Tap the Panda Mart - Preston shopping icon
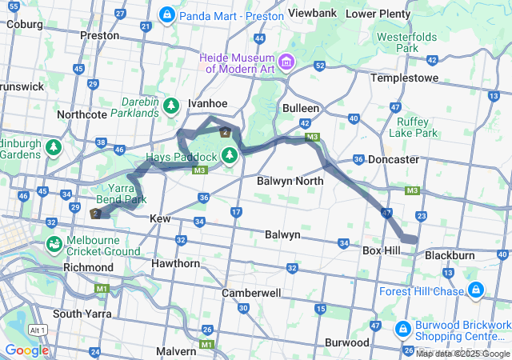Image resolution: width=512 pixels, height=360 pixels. tap(167, 15)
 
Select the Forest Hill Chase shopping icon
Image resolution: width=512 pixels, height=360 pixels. tap(476, 289)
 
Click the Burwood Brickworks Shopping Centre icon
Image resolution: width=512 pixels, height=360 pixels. tap(402, 328)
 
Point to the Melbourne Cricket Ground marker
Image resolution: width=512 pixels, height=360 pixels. tap(54, 243)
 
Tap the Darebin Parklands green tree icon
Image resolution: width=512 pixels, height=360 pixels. tap(170, 106)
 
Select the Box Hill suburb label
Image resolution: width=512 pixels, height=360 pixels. tap(381, 250)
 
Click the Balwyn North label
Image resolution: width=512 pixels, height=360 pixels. tap(290, 182)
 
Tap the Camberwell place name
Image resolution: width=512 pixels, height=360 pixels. tap(251, 294)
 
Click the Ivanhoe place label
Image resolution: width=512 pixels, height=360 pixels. tap(207, 104)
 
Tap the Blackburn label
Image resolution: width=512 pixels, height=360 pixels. tap(450, 255)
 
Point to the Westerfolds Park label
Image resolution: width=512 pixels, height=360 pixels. tap(407, 42)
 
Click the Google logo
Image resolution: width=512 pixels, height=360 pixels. tap(26, 350)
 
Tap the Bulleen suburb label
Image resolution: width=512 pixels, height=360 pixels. tap(301, 108)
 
